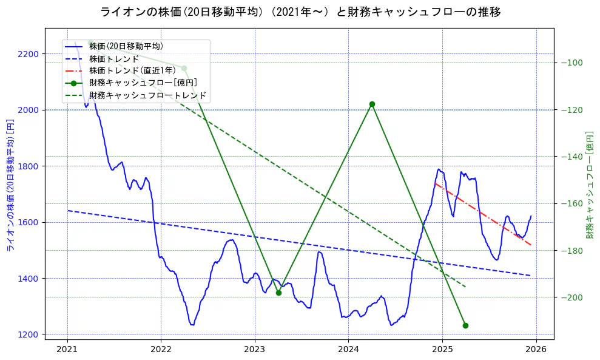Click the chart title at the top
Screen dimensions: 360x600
[300, 12]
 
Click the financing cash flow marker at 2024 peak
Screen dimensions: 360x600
[372, 104]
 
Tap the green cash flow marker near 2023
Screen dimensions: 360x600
[278, 293]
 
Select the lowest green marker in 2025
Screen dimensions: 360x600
[465, 325]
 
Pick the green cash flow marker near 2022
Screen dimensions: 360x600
[184, 69]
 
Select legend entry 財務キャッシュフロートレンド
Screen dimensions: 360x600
[147, 95]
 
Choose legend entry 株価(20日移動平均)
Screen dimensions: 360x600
[126, 46]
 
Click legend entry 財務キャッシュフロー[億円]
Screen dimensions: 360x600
[143, 83]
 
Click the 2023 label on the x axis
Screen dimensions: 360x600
[255, 350]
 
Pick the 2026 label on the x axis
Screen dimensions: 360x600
[536, 350]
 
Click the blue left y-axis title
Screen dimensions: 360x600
[10, 185]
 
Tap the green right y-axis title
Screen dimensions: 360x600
[589, 185]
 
